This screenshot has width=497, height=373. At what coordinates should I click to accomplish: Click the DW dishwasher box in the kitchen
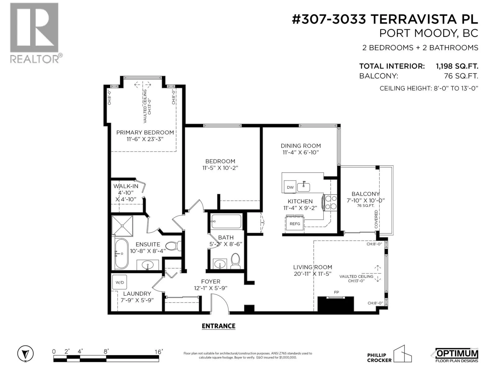tap(290, 187)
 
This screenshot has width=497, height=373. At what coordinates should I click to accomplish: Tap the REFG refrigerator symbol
tap(294, 223)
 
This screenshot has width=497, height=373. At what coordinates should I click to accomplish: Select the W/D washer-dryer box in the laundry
tap(120, 282)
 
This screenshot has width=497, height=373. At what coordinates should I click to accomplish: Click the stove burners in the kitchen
tap(331, 203)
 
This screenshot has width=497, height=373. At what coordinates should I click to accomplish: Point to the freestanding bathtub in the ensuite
tap(121, 254)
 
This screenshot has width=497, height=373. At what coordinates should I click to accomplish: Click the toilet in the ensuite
tap(173, 246)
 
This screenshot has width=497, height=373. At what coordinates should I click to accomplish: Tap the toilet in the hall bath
tap(235, 261)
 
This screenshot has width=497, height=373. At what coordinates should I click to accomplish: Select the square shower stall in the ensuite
tap(122, 226)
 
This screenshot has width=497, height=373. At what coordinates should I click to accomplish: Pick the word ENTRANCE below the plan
tap(218, 326)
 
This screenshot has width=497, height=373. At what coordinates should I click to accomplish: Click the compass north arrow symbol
tap(25, 354)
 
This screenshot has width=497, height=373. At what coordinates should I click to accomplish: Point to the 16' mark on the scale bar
tap(159, 352)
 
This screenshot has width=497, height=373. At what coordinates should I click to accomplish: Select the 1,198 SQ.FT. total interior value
tap(457, 66)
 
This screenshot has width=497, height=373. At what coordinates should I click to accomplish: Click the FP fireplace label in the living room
tap(336, 292)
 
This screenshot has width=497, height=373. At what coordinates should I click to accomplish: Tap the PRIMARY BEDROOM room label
tap(145, 132)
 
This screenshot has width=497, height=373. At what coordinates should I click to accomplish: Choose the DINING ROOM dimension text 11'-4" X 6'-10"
tap(301, 152)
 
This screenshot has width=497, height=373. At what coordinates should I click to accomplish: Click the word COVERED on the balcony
tap(376, 219)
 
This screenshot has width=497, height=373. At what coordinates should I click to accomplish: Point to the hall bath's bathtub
tap(226, 221)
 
